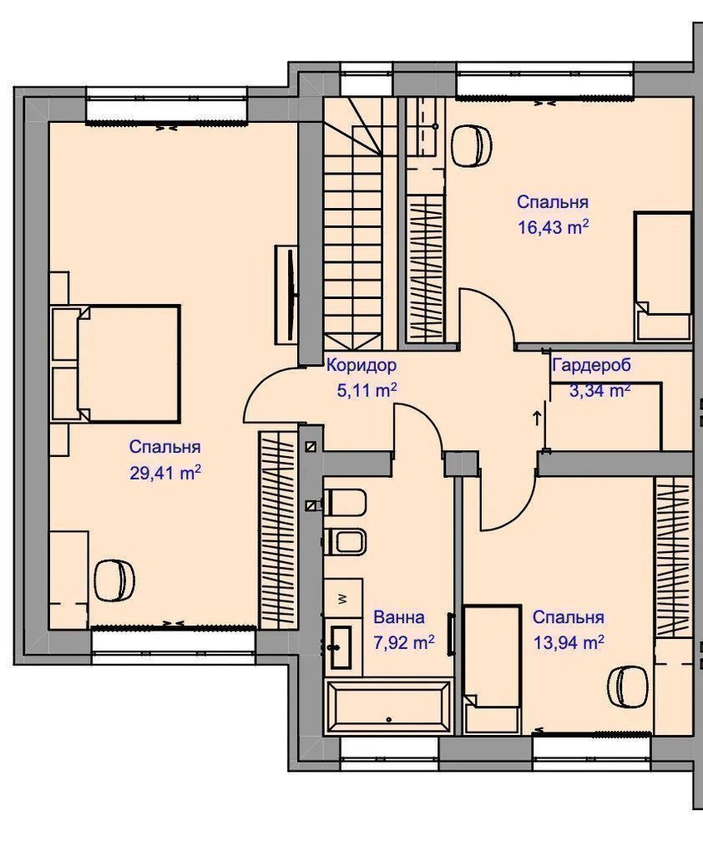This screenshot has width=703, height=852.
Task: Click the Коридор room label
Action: [x=362, y=365]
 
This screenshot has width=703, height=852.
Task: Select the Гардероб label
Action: [x=592, y=365]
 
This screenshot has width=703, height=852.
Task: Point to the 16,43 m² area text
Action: [x=554, y=226]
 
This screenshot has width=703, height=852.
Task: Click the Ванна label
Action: [x=399, y=617]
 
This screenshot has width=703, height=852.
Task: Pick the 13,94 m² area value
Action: [x=569, y=643]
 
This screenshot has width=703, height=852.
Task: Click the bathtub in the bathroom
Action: [x=388, y=706]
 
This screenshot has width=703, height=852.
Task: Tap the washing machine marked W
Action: [x=343, y=598]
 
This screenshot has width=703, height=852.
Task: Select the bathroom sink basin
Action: [x=340, y=647]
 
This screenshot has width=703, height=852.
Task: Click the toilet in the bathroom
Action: [x=345, y=503]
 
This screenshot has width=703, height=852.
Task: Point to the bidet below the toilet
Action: [x=345, y=541]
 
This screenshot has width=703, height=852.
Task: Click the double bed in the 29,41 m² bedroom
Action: [x=129, y=363]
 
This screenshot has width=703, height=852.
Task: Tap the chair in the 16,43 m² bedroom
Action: [x=472, y=145]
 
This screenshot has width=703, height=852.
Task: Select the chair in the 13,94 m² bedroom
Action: [x=628, y=687]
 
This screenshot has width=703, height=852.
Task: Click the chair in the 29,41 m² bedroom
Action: [x=114, y=580]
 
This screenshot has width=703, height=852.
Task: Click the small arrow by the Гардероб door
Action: [x=538, y=418]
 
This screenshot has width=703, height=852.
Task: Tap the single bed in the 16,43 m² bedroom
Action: [x=663, y=276]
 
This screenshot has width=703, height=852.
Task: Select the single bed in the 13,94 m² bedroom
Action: [x=493, y=669]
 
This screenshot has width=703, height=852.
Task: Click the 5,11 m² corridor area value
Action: [x=367, y=389]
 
